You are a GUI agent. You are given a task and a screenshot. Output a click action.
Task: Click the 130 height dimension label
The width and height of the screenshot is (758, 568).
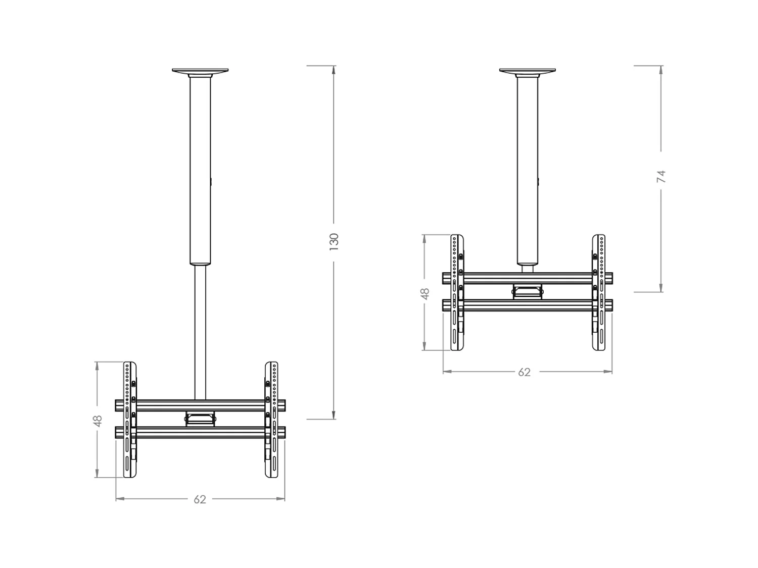point(334,242)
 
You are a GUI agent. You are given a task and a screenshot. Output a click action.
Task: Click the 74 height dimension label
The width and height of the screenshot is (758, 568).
point(661,177)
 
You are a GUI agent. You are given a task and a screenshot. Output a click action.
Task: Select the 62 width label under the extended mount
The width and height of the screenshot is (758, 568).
point(200,499)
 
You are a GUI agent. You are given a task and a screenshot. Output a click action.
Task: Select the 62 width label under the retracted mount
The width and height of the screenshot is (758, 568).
point(525,372)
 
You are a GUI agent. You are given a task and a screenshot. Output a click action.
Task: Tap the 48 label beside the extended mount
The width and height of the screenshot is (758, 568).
point(98,420)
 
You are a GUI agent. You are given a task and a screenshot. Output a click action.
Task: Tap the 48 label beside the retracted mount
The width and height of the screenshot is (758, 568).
point(425,293)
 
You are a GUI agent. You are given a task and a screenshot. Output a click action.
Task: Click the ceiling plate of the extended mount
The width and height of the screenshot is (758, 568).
point(200,71)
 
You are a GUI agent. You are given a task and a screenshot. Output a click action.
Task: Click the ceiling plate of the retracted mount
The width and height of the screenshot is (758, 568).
point(528,71)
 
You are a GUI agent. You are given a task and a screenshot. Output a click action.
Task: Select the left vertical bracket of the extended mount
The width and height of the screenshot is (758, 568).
point(130,420)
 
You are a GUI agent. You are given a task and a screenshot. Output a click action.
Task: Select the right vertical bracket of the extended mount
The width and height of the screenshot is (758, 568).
point(271,420)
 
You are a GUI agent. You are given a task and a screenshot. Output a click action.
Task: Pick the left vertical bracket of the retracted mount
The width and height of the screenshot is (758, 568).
point(457,292)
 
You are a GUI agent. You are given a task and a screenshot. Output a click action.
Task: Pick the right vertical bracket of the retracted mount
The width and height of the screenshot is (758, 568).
point(599,292)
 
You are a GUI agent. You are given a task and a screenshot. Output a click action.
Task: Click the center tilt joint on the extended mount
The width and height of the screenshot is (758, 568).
point(201,418)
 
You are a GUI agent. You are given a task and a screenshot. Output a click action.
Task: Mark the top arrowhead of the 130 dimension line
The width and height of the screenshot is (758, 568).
point(334,70)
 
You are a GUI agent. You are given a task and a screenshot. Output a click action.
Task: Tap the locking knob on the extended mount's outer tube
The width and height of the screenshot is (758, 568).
point(211,181)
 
